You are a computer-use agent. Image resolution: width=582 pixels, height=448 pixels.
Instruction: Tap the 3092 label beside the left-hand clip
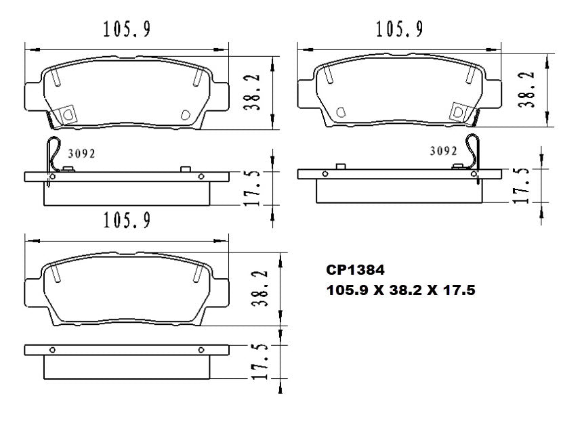81,153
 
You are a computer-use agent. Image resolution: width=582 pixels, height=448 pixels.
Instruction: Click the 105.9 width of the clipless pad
126,221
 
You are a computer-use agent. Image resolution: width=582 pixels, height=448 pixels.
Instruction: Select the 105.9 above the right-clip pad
400,29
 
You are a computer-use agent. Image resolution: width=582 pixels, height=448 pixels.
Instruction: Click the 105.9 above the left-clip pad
126,29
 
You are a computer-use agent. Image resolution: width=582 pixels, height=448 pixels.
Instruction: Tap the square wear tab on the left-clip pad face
67,114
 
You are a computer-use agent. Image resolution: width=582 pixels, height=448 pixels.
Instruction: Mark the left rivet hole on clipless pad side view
52,350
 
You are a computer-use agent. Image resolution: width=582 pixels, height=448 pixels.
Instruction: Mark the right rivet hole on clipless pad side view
201,350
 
